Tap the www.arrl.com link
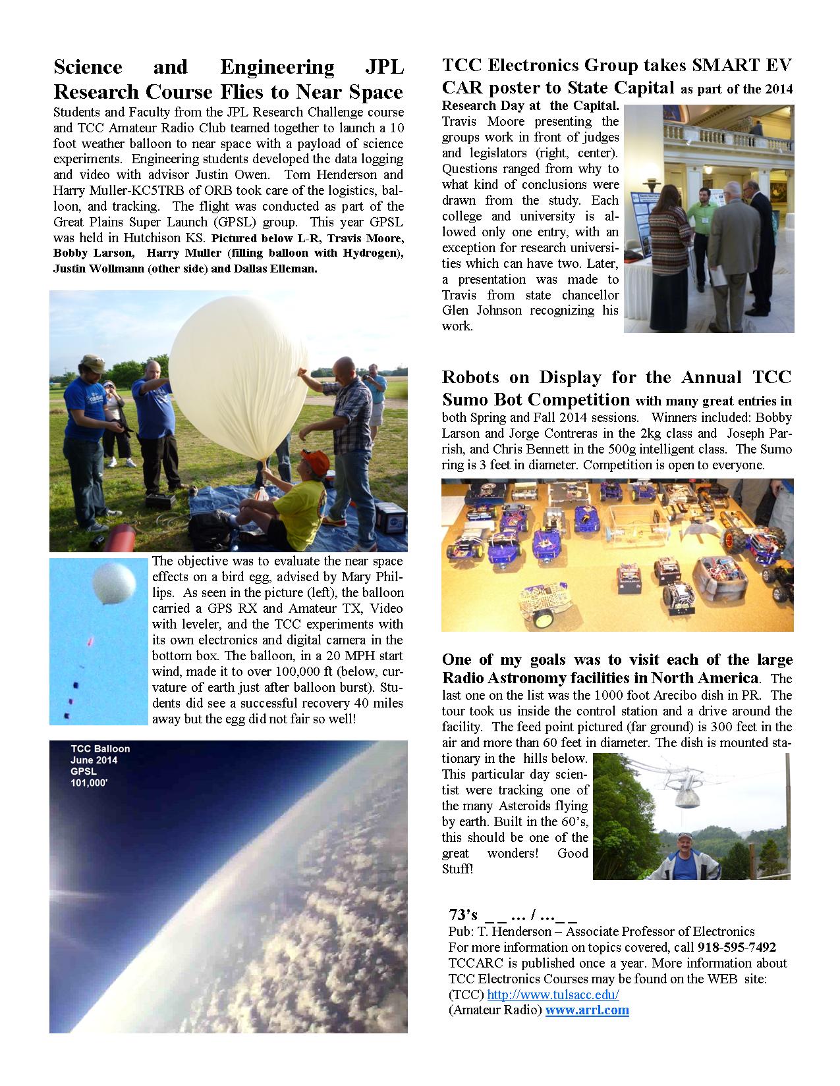point(587,1010)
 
